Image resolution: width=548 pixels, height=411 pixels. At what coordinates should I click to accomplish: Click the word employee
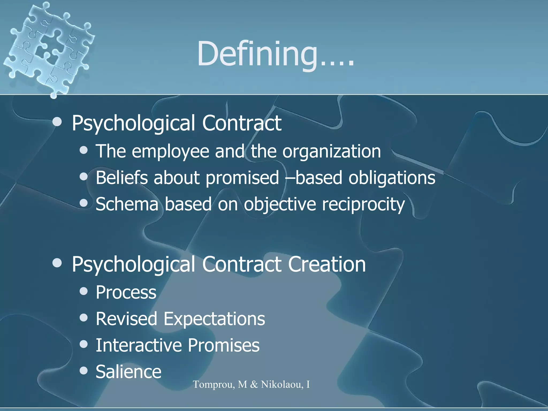click(x=170, y=151)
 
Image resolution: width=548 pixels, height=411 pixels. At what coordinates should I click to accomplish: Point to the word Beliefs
click(x=121, y=178)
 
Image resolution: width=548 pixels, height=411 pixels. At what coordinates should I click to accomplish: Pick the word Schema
click(x=127, y=204)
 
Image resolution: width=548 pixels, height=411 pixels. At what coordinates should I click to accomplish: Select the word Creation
click(x=327, y=264)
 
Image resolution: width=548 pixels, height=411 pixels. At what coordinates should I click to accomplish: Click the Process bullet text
click(x=126, y=292)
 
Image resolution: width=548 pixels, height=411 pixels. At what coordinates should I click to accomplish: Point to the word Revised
click(x=126, y=319)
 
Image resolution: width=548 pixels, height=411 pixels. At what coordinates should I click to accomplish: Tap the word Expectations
click(x=214, y=319)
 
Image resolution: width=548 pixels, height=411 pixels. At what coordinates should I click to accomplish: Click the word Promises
click(x=223, y=345)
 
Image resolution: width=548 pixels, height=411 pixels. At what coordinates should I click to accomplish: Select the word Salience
click(x=128, y=372)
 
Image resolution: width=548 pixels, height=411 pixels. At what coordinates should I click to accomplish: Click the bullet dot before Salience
click(x=84, y=371)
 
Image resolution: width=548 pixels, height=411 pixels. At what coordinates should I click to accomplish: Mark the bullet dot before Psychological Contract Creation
click(x=57, y=263)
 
